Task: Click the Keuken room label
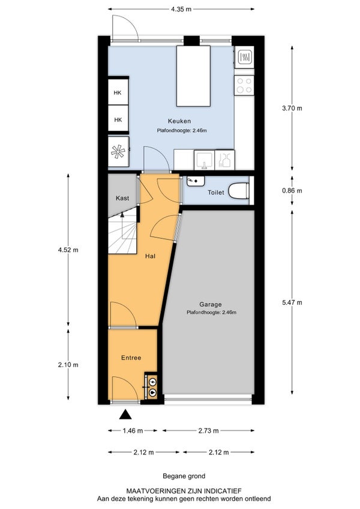pos(179,121)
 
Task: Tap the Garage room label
pos(211,304)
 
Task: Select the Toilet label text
pos(216,193)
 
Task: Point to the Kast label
pos(122,198)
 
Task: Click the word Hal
pos(150,256)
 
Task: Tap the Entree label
pos(131,358)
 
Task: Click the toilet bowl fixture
pos(239,191)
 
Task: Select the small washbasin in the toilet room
pos(196,181)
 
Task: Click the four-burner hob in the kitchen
pos(244,85)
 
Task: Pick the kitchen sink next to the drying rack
pos(204,160)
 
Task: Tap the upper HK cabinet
pos(118,92)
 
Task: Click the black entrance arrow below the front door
pos(125,415)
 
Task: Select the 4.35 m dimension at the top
pos(181,9)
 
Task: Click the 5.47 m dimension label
pos(292,303)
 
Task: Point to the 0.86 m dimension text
pos(292,190)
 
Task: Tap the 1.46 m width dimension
pos(133,431)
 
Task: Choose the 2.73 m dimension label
pos(208,431)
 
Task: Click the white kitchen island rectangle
pos(193,76)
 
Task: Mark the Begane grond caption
pos(184,476)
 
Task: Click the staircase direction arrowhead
pos(122,214)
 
